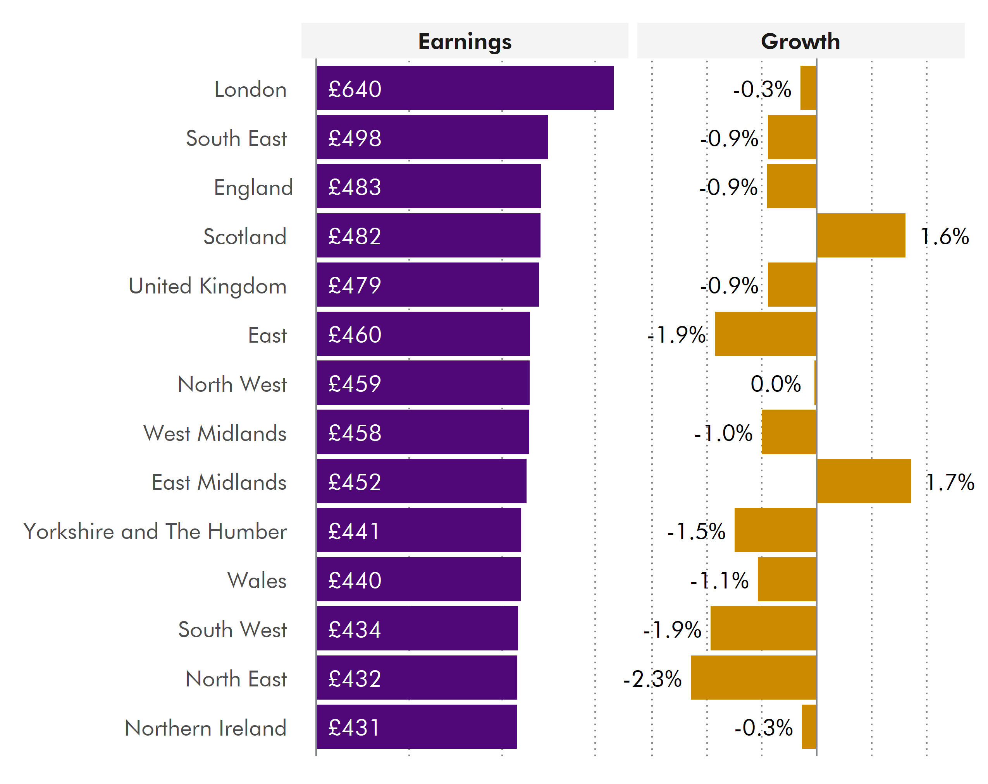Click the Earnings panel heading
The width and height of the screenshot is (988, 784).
pos(465,42)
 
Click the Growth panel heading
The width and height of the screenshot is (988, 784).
pos(800,42)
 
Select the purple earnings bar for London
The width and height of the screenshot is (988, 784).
pos(465,88)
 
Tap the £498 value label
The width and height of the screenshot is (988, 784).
pos(355,138)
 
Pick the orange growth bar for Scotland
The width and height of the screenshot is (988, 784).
pos(861,235)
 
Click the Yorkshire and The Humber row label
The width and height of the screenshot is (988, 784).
pos(155,531)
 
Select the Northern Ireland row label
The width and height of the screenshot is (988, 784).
pos(205,728)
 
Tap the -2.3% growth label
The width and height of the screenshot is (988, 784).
pos(652,678)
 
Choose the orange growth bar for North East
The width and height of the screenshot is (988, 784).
pos(753,677)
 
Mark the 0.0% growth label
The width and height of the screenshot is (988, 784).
pos(775,383)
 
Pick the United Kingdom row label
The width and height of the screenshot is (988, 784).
pos(207,286)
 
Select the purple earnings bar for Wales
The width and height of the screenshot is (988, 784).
pos(418,579)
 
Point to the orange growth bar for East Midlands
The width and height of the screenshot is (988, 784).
pos(864,481)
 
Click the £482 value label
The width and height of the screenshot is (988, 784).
pos(355,236)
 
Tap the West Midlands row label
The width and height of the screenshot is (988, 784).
pos(215,433)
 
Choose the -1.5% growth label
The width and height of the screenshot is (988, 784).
pos(696,531)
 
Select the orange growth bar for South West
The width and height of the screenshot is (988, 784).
pos(763,628)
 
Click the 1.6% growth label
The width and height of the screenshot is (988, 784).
pos(945,236)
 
